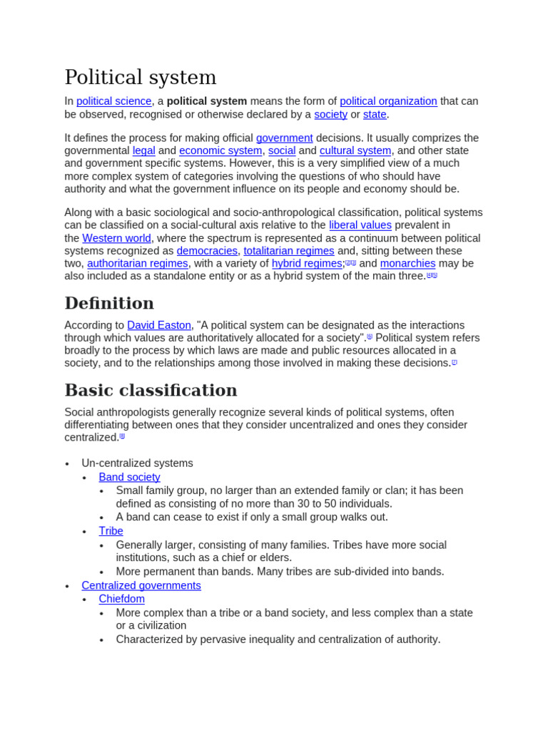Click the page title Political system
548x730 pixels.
point(140,77)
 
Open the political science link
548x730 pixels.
point(113,101)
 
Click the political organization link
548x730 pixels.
point(388,101)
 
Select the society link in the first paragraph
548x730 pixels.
point(330,114)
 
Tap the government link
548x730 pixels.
point(284,138)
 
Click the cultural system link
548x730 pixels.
point(355,150)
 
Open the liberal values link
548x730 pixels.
point(360,225)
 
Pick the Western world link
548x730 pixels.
point(116,238)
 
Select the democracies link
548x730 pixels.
point(207,251)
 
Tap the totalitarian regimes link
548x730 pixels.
point(289,251)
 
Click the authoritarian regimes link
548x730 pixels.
point(138,264)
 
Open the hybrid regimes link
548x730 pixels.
point(307,264)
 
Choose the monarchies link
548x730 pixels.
point(407,264)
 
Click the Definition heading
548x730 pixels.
point(109,303)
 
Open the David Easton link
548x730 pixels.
point(159,325)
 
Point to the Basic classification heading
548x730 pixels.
point(151,390)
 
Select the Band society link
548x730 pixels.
point(129,477)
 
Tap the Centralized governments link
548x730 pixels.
point(141,585)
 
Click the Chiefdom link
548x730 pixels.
point(121,599)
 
